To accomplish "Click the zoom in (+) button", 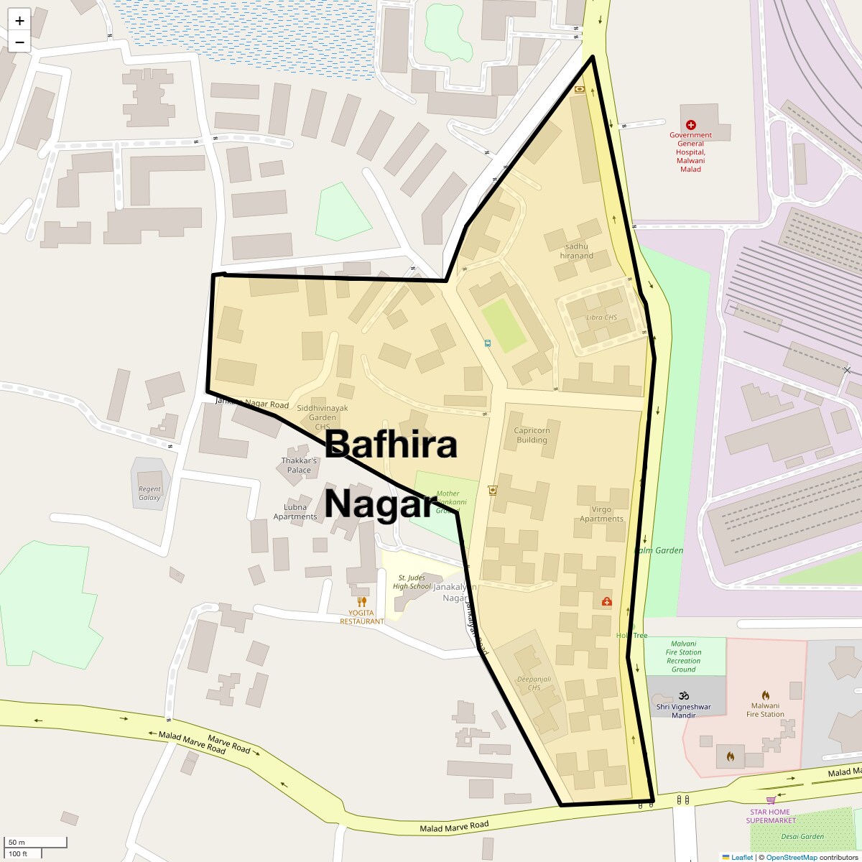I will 19,21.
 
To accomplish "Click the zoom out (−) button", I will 19,42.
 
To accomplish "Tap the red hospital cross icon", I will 690,125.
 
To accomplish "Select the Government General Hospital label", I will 690,152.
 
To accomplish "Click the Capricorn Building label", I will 532,435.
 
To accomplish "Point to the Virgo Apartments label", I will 601,514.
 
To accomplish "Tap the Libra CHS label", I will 601,318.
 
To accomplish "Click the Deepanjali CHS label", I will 534,683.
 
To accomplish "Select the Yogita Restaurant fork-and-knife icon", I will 362,602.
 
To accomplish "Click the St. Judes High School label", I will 412,582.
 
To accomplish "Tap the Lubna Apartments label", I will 295,512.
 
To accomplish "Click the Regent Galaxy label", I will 149,493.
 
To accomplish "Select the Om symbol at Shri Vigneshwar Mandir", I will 683,695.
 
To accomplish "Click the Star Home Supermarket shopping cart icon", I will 771,800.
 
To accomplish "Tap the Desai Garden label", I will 802,836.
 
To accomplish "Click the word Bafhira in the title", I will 391,445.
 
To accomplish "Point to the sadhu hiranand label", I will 577,251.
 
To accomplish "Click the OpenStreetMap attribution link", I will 791,857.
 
